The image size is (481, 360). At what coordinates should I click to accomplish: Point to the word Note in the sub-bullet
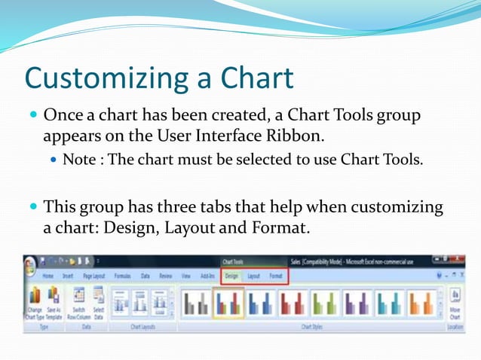tap(80, 160)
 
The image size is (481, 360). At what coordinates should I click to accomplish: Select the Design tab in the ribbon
tap(231, 276)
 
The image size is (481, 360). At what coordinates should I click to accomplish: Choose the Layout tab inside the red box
tap(253, 276)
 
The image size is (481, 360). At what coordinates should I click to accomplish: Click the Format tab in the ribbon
tap(276, 276)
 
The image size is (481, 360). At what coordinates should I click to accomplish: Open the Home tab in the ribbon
tap(48, 276)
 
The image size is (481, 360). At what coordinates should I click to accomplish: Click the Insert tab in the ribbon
tap(69, 276)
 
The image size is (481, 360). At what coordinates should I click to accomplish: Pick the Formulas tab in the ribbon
tap(122, 276)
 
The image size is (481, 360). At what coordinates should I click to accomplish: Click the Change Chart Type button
tap(35, 304)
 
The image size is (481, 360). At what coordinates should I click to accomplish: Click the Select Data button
tap(98, 304)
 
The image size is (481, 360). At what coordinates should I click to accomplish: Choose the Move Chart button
tap(455, 304)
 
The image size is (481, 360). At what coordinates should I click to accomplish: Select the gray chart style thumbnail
tap(195, 303)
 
